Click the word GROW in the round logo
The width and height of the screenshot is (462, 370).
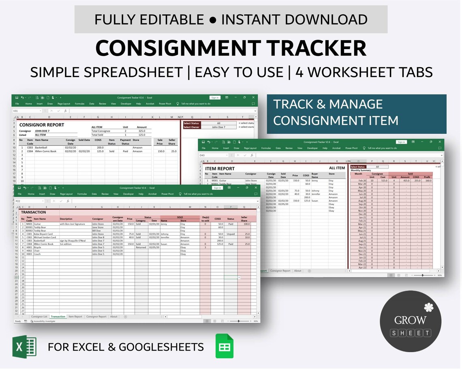click(411, 320)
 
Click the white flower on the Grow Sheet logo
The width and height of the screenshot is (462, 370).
click(429, 307)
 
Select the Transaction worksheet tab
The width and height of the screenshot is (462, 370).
click(58, 316)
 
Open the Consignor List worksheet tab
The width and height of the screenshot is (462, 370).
click(39, 316)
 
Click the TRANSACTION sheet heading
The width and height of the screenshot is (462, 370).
click(34, 212)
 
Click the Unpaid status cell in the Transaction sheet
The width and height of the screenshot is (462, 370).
click(231, 234)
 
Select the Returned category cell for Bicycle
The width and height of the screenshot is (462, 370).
click(141, 247)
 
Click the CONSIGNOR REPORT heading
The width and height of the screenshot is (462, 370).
click(42, 125)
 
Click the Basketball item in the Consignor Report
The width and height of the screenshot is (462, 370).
click(41, 148)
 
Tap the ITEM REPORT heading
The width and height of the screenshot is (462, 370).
click(220, 168)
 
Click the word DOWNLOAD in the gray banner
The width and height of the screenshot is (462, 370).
click(316, 19)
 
